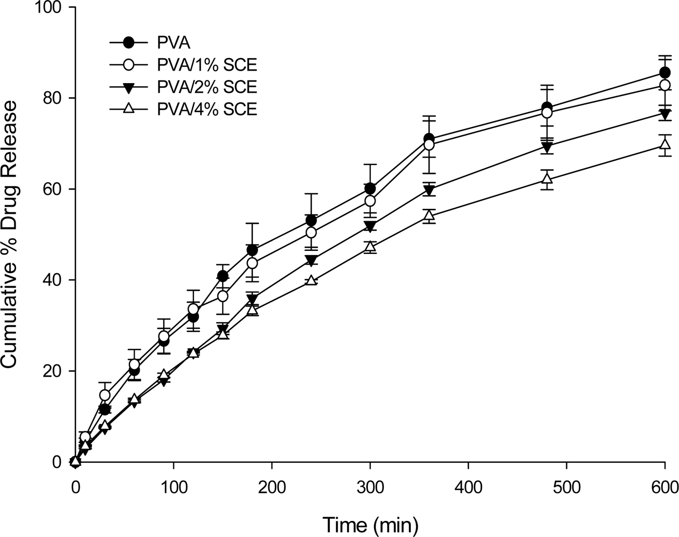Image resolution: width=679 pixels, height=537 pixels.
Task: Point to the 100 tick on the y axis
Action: tap(51, 7)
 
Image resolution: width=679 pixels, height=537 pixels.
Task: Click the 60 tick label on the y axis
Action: tap(56, 189)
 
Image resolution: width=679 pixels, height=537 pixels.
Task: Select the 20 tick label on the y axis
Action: tap(56, 371)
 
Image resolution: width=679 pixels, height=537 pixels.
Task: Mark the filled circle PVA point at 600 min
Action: tap(664, 73)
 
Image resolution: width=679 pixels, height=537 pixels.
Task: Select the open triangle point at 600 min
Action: tap(664, 144)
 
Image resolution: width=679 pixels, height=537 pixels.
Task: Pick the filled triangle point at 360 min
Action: tap(429, 190)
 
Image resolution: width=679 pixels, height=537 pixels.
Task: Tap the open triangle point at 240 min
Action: tap(311, 280)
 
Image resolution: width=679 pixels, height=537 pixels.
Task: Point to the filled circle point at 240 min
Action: tap(311, 221)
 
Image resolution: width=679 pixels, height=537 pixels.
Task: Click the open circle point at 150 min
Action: tap(222, 296)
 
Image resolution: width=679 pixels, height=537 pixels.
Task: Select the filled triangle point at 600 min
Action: tap(664, 113)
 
